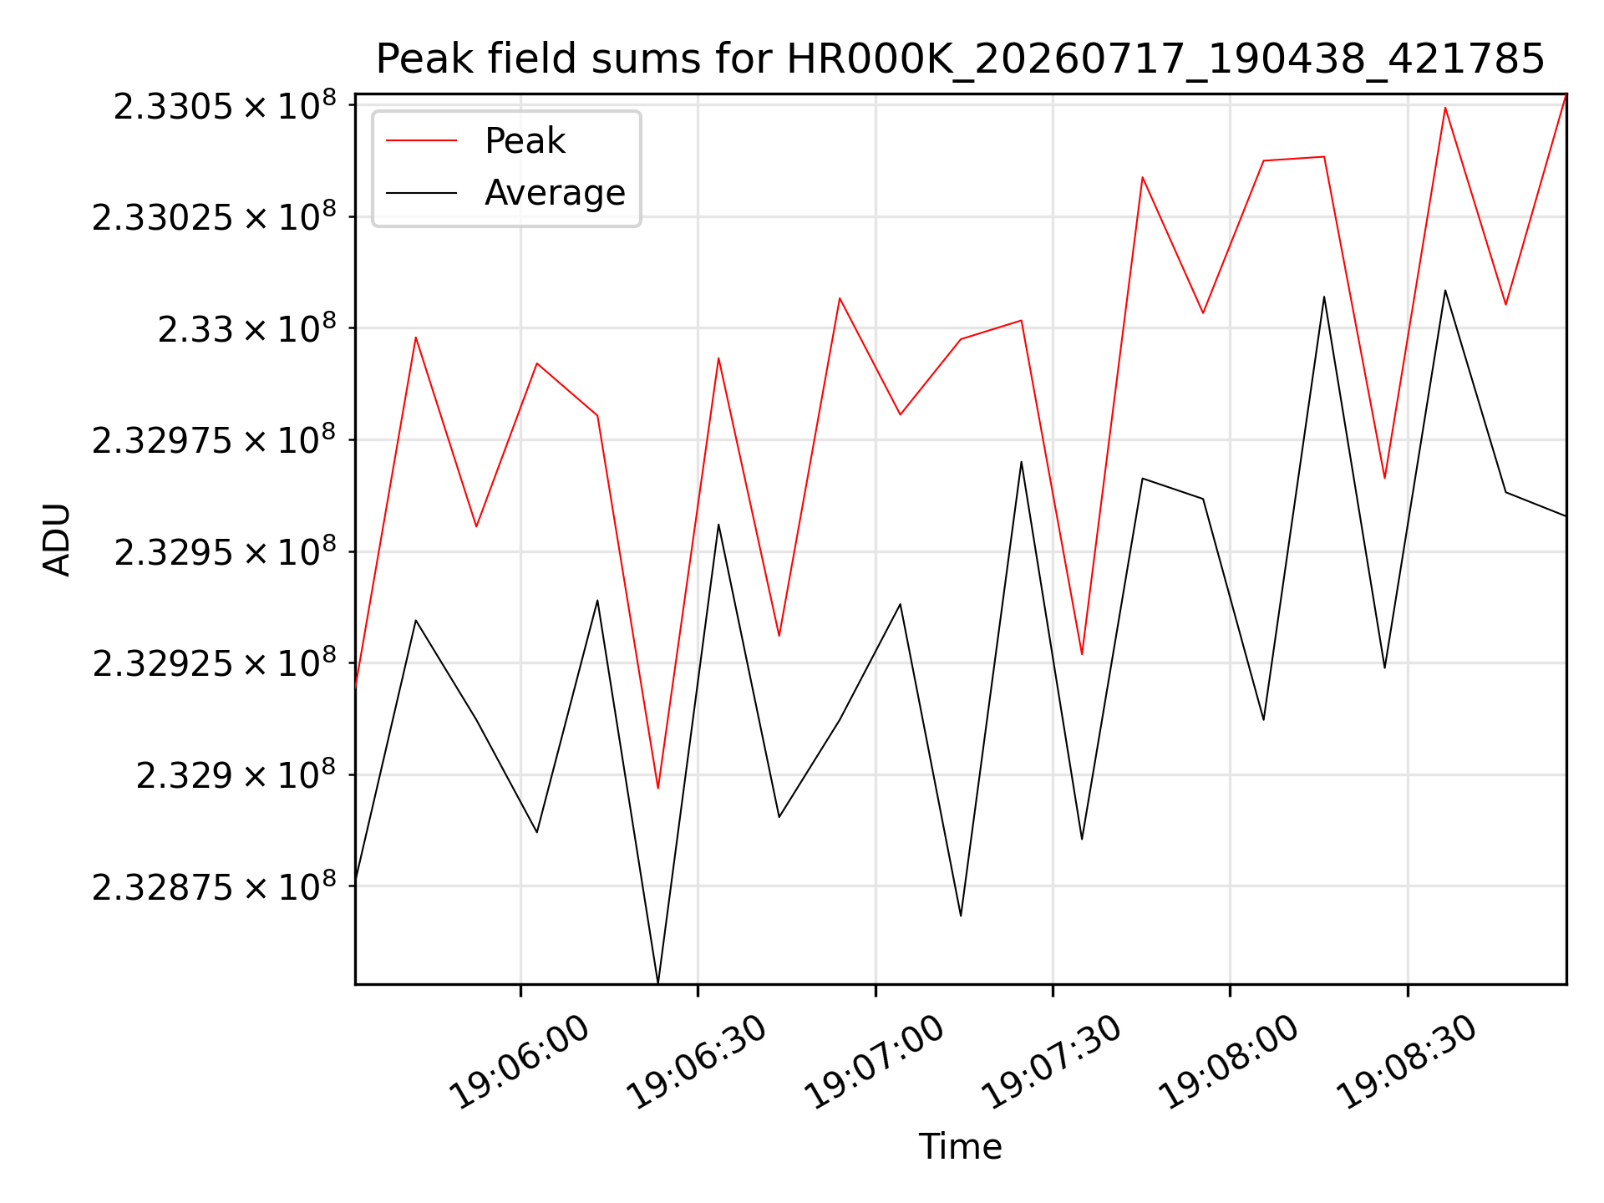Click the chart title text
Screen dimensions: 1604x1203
[960, 59]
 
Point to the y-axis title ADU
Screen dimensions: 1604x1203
[57, 540]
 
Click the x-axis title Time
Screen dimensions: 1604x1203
[960, 1146]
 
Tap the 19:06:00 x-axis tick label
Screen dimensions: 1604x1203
[520, 1061]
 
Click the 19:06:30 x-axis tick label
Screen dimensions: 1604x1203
[697, 1061]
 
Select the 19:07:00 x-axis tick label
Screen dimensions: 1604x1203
[874, 1061]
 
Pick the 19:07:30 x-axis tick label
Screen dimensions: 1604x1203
[1051, 1061]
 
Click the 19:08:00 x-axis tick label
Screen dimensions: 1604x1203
[1229, 1061]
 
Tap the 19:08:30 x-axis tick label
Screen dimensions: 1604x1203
[1407, 1061]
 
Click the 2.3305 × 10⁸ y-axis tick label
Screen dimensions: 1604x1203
[225, 106]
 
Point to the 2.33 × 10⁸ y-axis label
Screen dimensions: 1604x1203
[247, 328]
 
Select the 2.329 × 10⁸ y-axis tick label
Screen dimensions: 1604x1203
[236, 775]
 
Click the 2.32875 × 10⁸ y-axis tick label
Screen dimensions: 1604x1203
[214, 886]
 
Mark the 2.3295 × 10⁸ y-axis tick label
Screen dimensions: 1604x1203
[225, 551]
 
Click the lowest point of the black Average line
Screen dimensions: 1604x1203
[657, 982]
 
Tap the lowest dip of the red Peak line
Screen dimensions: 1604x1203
[657, 788]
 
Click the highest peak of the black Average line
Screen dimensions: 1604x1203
[1445, 290]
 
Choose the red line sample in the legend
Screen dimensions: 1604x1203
[421, 140]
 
